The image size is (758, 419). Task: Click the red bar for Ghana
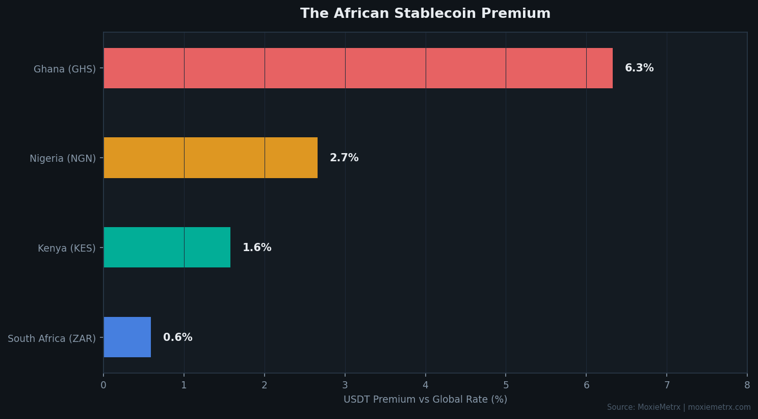click(x=358, y=68)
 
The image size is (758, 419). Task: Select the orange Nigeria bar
click(x=211, y=158)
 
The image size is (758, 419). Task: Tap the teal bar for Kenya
click(x=167, y=248)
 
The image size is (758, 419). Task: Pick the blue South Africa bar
click(x=127, y=337)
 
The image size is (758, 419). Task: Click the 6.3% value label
click(x=639, y=68)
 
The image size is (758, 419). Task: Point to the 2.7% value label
click(x=344, y=158)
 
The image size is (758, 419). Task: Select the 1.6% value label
click(x=257, y=248)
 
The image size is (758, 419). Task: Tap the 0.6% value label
click(x=177, y=337)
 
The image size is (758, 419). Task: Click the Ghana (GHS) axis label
click(x=65, y=69)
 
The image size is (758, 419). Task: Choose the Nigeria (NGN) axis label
click(x=63, y=159)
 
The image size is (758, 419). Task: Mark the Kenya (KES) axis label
click(x=67, y=249)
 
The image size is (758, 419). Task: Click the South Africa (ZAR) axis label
click(x=51, y=338)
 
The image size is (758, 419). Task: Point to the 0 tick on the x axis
click(x=103, y=385)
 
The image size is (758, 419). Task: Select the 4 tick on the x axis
click(x=425, y=385)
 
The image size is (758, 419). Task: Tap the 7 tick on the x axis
click(x=667, y=385)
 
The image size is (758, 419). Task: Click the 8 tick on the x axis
click(x=747, y=385)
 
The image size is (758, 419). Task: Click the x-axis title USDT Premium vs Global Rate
click(x=425, y=400)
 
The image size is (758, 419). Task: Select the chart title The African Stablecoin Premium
click(x=425, y=14)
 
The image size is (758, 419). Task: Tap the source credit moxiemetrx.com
click(x=719, y=407)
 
